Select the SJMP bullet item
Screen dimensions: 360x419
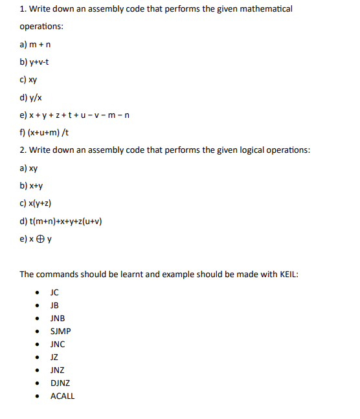click(x=61, y=331)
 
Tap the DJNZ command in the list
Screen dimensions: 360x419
click(x=60, y=383)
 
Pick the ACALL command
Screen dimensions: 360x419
click(x=62, y=396)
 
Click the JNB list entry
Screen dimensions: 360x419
click(x=58, y=318)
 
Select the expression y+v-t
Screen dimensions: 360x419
click(x=39, y=62)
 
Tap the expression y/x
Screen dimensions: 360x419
click(x=35, y=98)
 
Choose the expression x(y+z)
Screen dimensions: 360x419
click(x=41, y=204)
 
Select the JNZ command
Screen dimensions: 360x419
click(x=58, y=370)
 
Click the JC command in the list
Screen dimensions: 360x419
click(x=55, y=292)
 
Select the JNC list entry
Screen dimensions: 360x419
click(x=58, y=344)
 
